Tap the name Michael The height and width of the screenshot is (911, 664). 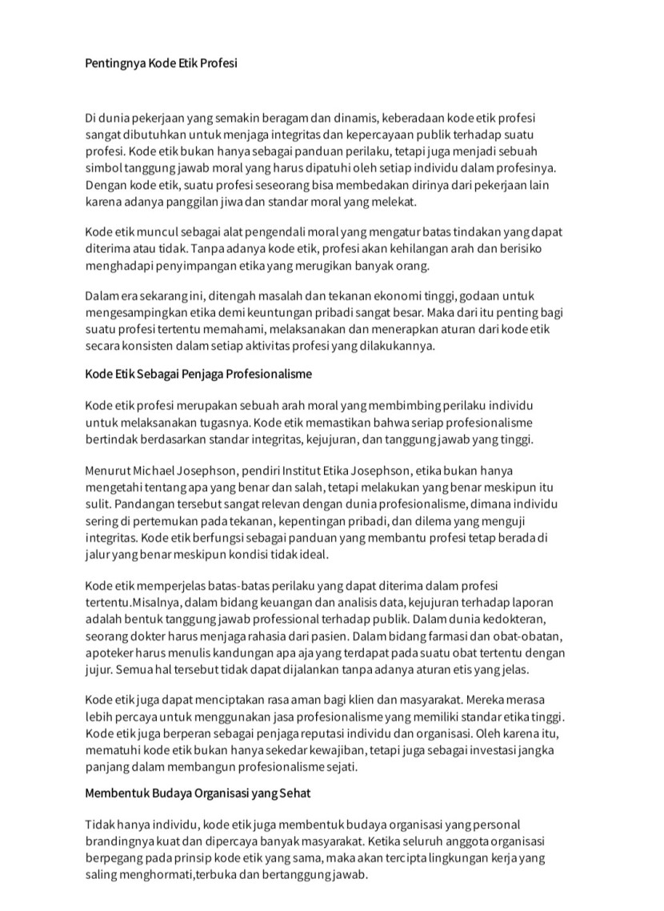tap(155, 469)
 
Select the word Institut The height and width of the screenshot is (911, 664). tap(314, 469)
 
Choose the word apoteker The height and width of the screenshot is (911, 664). tap(109, 652)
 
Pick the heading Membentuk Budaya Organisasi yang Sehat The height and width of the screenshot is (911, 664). tap(197, 794)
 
